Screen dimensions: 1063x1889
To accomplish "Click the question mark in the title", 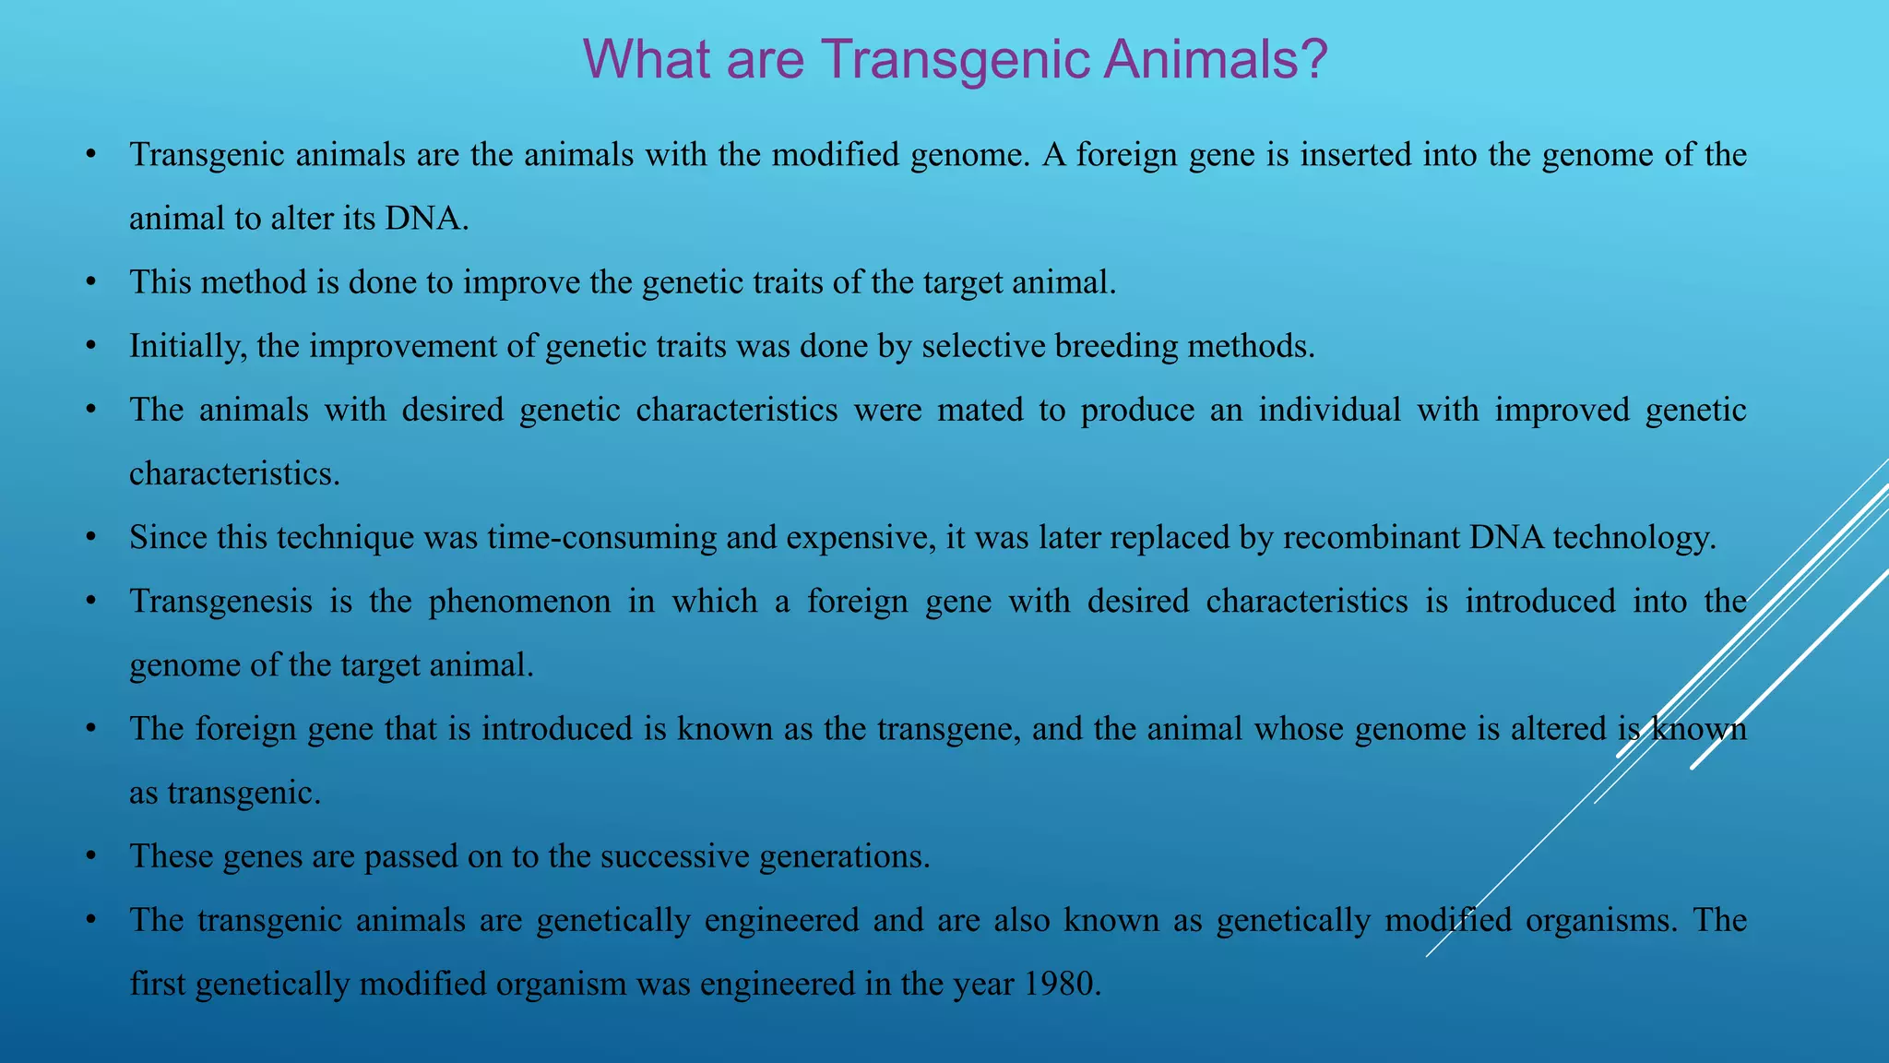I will [x=1309, y=59].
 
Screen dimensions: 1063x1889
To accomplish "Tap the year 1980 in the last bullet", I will [x=1063, y=984].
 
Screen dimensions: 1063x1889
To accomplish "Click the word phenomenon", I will [x=519, y=602].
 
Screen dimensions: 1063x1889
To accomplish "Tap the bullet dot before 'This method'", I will [x=89, y=282].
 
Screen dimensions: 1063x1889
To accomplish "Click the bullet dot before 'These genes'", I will [x=89, y=856].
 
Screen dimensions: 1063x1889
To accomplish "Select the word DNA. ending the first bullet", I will [x=427, y=219].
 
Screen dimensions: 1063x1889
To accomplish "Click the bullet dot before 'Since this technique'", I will [x=89, y=537].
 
